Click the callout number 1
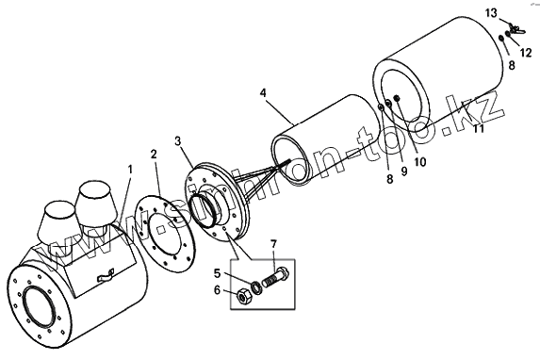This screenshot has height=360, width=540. [130, 170]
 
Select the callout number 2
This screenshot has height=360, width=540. [154, 154]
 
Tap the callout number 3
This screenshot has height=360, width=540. [178, 140]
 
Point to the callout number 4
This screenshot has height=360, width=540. [263, 92]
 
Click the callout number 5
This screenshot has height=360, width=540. [217, 274]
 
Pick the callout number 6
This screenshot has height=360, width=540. [217, 290]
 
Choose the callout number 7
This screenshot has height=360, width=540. [274, 244]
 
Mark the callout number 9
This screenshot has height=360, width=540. [404, 171]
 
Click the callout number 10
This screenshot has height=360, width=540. [419, 161]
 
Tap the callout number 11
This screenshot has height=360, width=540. [479, 128]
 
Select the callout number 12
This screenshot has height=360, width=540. [526, 53]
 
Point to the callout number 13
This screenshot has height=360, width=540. [491, 13]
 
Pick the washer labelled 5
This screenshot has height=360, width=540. [256, 287]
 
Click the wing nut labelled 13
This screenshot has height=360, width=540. [515, 29]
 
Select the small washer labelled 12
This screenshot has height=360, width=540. [508, 34]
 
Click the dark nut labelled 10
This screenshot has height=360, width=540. [397, 99]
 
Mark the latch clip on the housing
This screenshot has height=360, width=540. [105, 275]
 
